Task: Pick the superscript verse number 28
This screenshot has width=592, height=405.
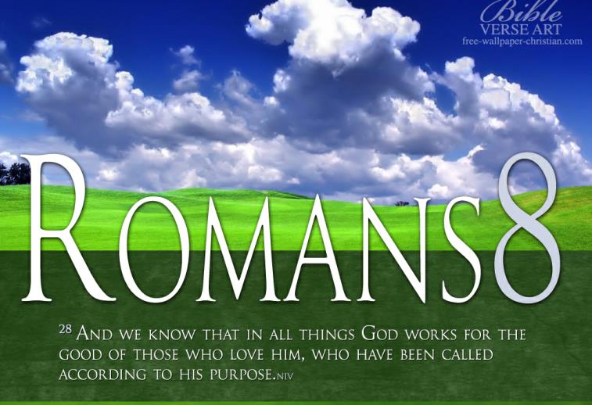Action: click(x=66, y=328)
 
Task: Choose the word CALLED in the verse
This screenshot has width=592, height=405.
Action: click(x=467, y=355)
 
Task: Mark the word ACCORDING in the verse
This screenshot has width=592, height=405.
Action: click(x=102, y=375)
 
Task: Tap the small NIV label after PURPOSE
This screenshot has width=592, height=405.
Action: click(x=285, y=376)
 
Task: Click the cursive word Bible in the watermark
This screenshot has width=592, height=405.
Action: click(x=522, y=13)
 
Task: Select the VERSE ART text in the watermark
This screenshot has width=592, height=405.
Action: click(x=521, y=29)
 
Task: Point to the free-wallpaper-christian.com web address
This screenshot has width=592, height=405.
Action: click(x=522, y=41)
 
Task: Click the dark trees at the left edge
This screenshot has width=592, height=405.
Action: click(x=14, y=174)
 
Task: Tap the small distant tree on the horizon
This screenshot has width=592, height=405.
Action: click(x=402, y=203)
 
